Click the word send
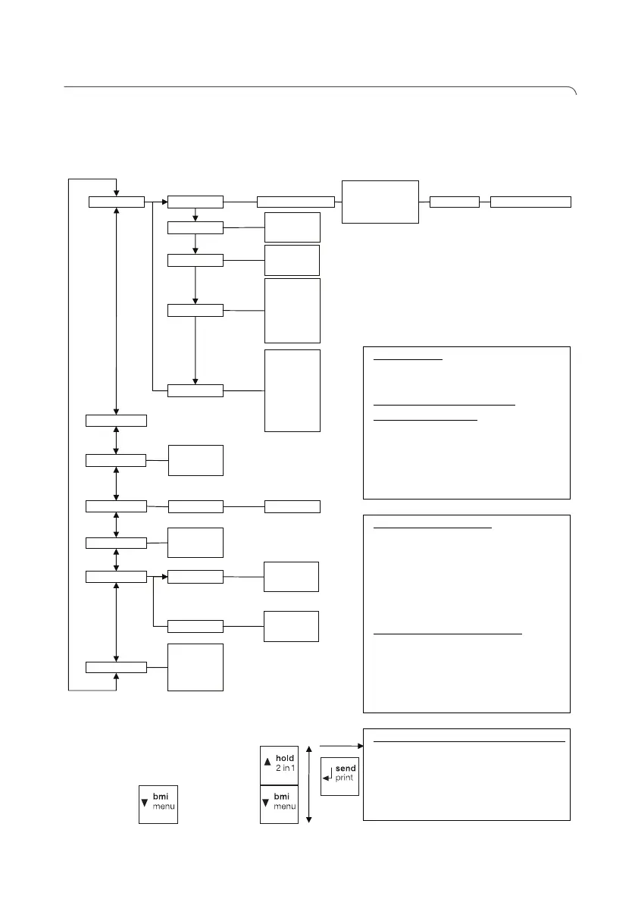[346, 768]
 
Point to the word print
[346, 778]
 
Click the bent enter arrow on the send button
[328, 775]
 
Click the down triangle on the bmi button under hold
[266, 801]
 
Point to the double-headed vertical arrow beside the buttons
[309, 785]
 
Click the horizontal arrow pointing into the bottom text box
[342, 746]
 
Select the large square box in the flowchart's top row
[380, 201]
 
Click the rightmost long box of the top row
[530, 202]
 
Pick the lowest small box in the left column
[116, 666]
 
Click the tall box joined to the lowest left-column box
[196, 667]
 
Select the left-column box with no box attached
[116, 420]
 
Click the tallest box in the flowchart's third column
[292, 390]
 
